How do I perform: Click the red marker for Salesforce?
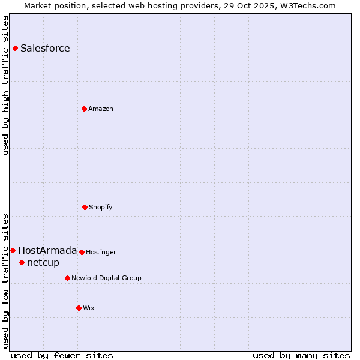coord(15,48)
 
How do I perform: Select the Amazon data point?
coord(84,109)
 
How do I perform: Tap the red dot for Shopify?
coord(85,207)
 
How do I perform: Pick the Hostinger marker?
coord(82,252)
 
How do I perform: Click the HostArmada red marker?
coord(13,250)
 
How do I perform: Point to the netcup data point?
coord(22,262)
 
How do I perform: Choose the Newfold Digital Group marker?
coord(67,278)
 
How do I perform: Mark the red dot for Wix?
coord(79,308)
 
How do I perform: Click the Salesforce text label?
coord(45,49)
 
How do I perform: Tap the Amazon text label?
coord(101,109)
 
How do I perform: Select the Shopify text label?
coord(101,207)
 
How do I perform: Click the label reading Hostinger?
coord(101,252)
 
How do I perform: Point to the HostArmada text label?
coord(47,251)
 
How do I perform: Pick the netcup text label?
coord(43,263)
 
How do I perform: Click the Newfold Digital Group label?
coord(106,278)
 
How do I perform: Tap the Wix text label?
coord(89,308)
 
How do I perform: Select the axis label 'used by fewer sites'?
coord(62,355)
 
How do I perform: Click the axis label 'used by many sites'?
coord(301,355)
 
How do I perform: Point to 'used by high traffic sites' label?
coord(5,85)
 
